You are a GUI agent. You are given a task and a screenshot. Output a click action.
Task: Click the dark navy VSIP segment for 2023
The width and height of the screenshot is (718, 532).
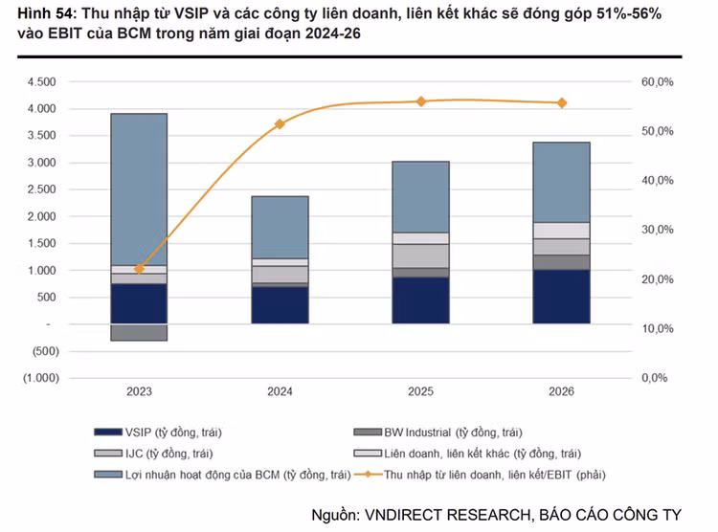coord(139,303)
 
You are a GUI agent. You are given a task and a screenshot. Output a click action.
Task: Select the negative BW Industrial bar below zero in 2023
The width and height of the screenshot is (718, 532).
coord(139,332)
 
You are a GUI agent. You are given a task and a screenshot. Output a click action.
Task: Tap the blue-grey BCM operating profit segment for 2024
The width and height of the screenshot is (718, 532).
coord(280,227)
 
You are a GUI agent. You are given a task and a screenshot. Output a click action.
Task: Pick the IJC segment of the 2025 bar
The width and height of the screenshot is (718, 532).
coord(421,255)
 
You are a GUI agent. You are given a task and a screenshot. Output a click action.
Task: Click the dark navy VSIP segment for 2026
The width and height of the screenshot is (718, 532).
coord(561,297)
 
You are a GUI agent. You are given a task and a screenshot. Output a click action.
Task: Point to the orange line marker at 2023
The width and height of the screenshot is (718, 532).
coord(139,269)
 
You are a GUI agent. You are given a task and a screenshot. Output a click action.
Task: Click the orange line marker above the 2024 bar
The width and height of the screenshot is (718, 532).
coord(280,124)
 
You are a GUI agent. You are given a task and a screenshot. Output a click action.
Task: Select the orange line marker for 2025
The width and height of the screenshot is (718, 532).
coord(421,100)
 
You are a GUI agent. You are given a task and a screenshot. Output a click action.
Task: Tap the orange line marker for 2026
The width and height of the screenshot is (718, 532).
coord(561,103)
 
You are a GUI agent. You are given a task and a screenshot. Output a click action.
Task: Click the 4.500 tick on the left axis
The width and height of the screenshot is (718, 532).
coord(43,82)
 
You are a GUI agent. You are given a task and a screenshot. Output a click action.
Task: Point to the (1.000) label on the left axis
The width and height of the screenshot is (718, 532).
coord(40,378)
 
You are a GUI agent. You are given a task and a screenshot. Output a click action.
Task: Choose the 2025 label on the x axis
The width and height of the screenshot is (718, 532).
coord(421,392)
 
